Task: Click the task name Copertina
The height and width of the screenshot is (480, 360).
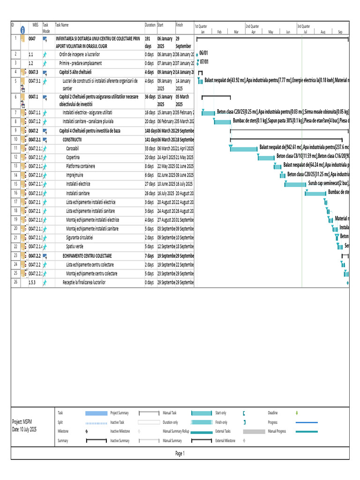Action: click(x=75, y=157)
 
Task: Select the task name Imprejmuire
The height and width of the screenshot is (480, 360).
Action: click(x=77, y=175)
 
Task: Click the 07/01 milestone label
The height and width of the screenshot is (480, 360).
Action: click(x=204, y=62)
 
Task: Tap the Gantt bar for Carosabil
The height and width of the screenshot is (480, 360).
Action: click(x=244, y=149)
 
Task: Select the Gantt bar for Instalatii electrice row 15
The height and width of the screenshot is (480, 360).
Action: click(x=296, y=184)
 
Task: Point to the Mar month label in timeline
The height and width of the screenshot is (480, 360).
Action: click(x=236, y=32)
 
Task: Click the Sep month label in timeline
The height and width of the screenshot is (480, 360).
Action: click(x=340, y=32)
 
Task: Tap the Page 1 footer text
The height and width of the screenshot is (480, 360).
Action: click(x=180, y=453)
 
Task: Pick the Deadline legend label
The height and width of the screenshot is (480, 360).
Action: click(x=273, y=413)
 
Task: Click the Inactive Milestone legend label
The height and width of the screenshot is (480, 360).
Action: click(x=120, y=431)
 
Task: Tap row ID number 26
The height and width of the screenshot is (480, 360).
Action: click(x=15, y=282)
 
